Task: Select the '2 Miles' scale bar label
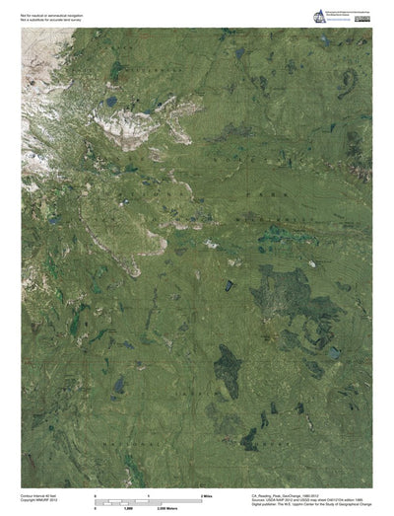207,492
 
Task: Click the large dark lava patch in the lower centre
228,368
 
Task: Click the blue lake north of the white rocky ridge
111,101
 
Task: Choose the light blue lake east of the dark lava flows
334,351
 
